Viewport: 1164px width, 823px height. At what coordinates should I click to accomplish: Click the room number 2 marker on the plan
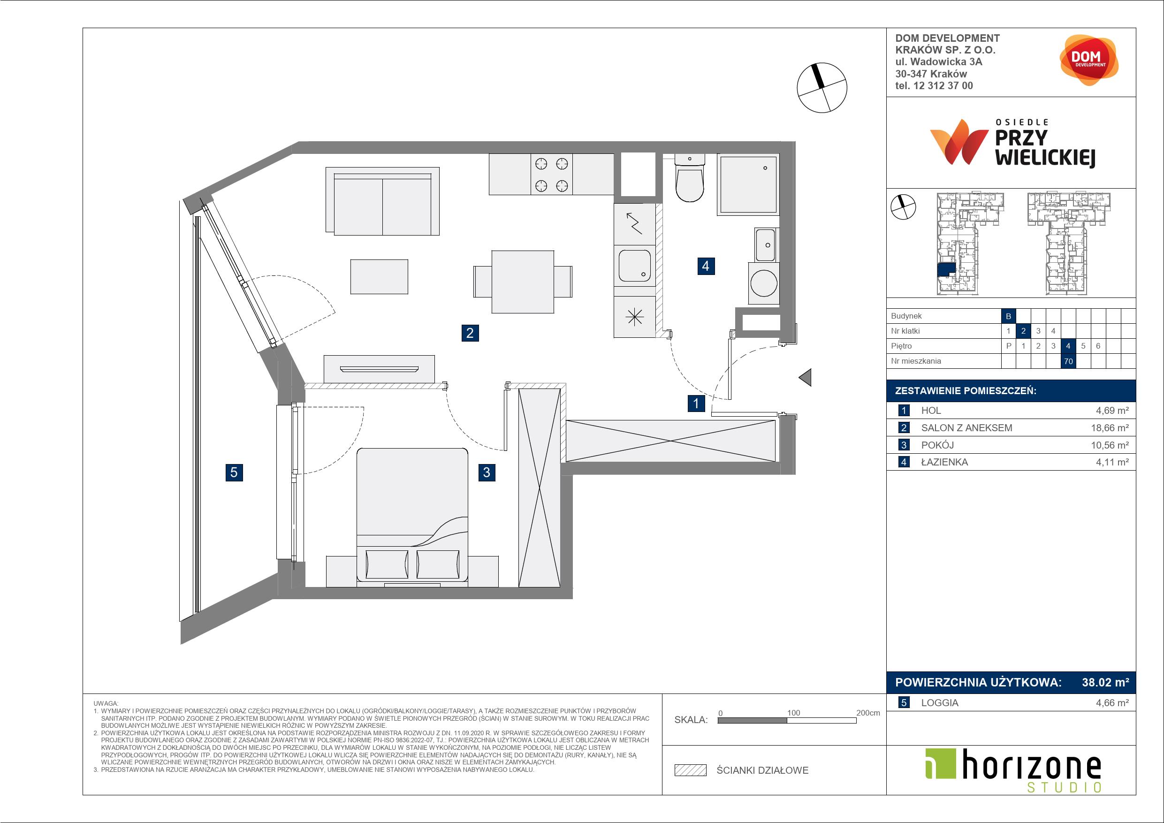click(470, 333)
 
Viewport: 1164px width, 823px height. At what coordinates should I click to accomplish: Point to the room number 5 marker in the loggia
click(234, 472)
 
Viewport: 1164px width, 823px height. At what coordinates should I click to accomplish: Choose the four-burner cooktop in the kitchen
click(552, 175)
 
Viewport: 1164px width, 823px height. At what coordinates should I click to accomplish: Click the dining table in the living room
click(523, 282)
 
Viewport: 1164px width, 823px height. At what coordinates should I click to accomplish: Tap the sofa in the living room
click(382, 201)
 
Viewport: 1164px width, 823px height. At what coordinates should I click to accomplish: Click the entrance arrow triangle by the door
click(805, 377)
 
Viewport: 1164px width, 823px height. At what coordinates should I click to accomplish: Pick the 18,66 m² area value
click(1110, 427)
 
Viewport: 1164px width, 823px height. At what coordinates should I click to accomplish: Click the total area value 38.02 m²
click(1106, 682)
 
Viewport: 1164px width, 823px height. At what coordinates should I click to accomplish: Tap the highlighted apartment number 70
click(1068, 361)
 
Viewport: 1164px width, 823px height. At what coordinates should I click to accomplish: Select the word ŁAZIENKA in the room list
click(944, 462)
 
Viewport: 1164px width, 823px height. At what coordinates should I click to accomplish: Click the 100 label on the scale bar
click(793, 712)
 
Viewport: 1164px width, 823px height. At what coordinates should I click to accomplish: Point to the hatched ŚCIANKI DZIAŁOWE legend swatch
click(691, 770)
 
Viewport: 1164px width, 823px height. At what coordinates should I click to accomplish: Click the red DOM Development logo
click(1089, 60)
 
